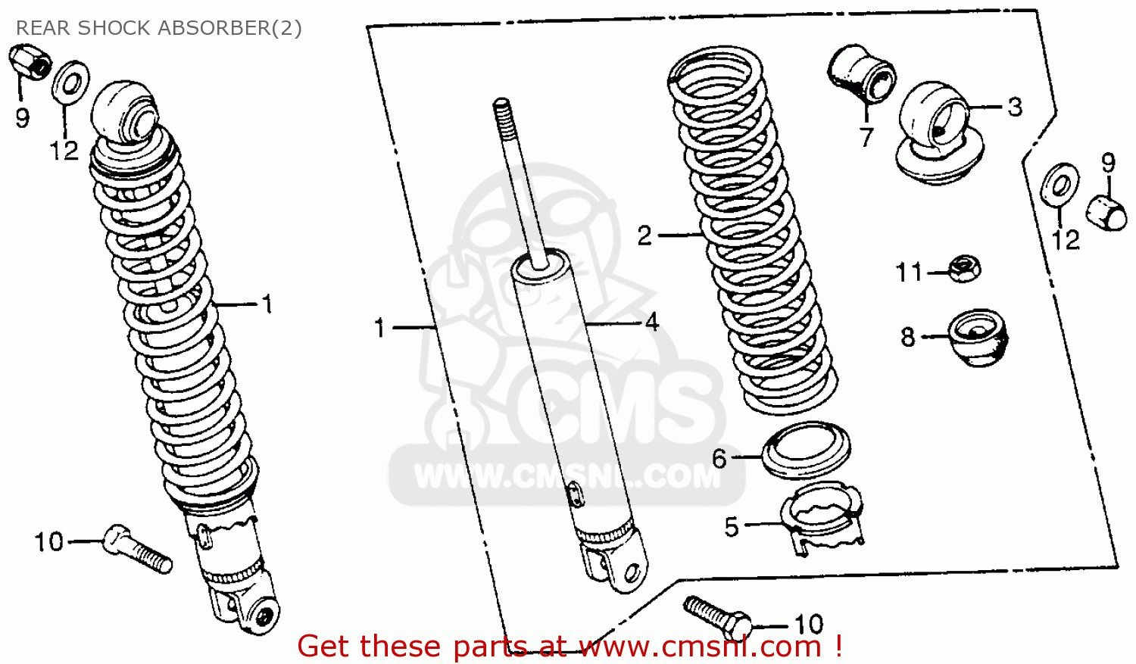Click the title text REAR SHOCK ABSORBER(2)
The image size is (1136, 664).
(x=159, y=28)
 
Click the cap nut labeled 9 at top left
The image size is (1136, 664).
(x=30, y=62)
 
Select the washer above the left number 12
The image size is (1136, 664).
(x=70, y=81)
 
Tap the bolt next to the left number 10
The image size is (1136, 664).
(x=138, y=549)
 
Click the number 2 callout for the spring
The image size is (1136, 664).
(x=644, y=235)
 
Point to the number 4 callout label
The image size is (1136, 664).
(x=651, y=323)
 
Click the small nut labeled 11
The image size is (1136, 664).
(x=964, y=269)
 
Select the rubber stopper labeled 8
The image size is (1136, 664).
(x=978, y=338)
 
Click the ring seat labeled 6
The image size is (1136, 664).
(x=807, y=450)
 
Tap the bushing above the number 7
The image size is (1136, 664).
(x=862, y=74)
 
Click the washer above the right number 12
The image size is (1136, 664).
(x=1060, y=185)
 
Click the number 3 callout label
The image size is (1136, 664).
(x=1014, y=107)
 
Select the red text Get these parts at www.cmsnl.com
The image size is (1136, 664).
(x=570, y=647)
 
